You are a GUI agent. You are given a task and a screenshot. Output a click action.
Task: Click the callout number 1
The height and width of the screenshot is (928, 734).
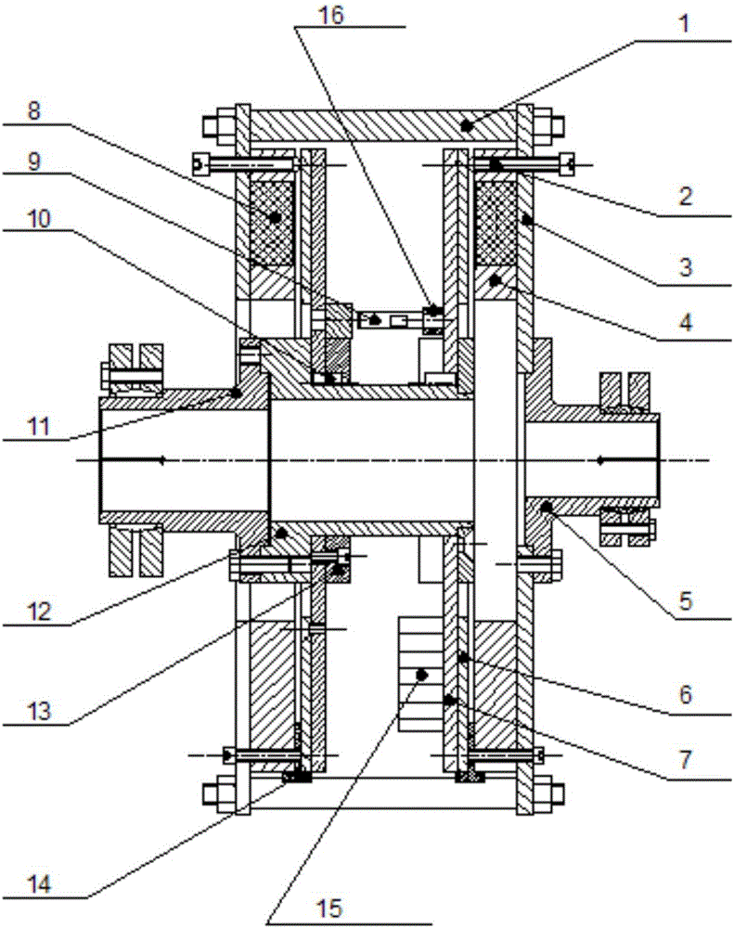[684, 24]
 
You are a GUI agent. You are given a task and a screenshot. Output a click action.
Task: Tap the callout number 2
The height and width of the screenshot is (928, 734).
[686, 196]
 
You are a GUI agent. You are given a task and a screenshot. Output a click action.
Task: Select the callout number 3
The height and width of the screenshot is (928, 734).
[686, 267]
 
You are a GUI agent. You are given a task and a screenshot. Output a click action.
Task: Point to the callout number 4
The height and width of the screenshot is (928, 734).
[686, 323]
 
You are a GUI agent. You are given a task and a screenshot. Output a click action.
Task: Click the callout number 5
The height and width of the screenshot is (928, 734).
[686, 600]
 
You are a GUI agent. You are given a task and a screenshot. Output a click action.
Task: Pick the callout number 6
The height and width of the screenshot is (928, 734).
[686, 694]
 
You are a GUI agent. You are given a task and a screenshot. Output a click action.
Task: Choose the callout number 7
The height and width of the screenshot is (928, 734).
[686, 759]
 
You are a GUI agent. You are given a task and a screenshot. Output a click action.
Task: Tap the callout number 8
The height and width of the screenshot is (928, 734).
[34, 110]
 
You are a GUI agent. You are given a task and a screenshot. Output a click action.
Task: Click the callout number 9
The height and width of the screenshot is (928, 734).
[34, 161]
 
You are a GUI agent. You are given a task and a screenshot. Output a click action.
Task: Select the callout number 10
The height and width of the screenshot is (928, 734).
[39, 219]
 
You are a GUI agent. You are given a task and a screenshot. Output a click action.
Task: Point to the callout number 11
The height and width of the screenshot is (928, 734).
[39, 426]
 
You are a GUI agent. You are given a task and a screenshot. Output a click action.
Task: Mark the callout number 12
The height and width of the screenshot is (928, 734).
[39, 612]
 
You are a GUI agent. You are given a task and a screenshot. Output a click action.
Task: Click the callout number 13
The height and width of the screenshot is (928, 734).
[39, 711]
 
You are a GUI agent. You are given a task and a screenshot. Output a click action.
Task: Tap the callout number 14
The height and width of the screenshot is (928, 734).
[39, 884]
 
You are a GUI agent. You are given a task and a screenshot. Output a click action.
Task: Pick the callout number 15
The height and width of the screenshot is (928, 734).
[330, 908]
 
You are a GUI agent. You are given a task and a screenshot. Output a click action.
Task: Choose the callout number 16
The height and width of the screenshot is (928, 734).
[331, 15]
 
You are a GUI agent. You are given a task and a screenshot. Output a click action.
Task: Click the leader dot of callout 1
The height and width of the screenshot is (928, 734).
[467, 125]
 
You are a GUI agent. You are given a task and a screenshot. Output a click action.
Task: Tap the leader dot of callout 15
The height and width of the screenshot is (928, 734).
[422, 674]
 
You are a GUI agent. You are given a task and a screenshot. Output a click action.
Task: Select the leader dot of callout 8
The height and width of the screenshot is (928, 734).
[274, 217]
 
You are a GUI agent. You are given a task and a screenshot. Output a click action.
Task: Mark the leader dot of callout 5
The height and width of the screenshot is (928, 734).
[547, 507]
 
